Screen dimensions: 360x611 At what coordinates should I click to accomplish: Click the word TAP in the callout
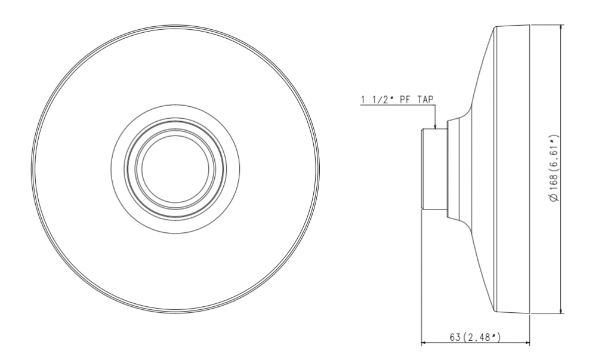[x=425, y=99]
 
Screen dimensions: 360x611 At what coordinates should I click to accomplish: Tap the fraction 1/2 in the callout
[x=379, y=99]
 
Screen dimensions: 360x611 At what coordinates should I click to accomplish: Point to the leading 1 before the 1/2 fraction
[x=363, y=99]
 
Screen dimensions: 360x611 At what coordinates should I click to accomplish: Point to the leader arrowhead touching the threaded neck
[x=436, y=127]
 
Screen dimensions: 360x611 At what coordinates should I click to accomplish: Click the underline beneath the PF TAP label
[x=397, y=106]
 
